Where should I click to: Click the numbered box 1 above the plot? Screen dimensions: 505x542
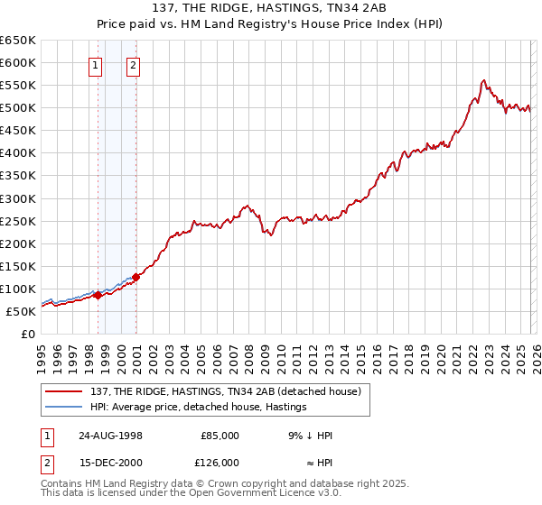[96, 64]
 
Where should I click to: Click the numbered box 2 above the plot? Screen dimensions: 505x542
[133, 64]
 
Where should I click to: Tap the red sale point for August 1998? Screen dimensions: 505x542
[98, 295]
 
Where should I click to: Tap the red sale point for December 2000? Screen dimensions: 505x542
[135, 277]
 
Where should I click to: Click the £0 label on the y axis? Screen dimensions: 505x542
[27, 334]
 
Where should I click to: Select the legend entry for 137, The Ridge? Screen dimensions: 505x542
[226, 391]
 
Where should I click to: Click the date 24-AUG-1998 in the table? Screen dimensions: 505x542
[110, 435]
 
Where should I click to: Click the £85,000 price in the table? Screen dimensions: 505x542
[219, 435]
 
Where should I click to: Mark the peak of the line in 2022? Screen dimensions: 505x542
[484, 80]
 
